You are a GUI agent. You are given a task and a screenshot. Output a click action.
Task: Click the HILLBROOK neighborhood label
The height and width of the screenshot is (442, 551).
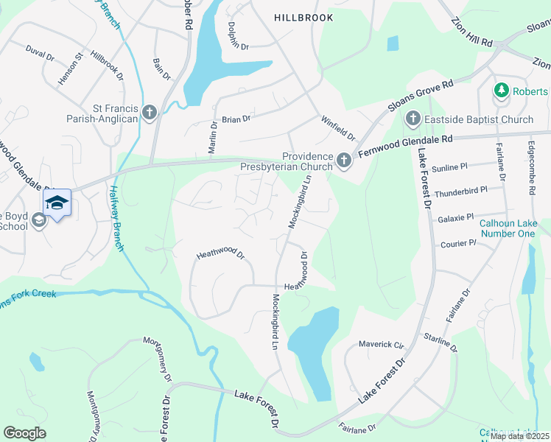(x=303, y=17)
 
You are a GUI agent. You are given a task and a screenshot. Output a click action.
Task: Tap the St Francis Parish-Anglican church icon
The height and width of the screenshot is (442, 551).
(x=150, y=113)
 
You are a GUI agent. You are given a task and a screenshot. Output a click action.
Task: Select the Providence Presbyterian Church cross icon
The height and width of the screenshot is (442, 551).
(x=343, y=160)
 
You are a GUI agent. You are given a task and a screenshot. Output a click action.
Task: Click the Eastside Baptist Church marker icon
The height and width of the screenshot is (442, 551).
(x=413, y=119)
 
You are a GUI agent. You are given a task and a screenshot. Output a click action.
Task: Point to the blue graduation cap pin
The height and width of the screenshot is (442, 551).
(x=57, y=203)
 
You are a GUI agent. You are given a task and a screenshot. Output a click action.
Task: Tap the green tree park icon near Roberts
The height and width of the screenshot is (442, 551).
(x=502, y=91)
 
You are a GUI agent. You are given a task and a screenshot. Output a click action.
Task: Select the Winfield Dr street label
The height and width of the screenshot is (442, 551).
(x=338, y=127)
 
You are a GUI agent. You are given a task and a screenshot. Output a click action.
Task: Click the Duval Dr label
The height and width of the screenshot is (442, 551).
(x=40, y=55)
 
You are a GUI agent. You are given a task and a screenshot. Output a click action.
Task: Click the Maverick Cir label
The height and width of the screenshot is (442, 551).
(x=382, y=344)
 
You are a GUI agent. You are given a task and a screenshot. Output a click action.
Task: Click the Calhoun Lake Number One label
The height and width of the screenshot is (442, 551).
(x=507, y=228)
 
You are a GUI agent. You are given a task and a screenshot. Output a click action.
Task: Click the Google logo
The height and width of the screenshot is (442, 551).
(x=25, y=433)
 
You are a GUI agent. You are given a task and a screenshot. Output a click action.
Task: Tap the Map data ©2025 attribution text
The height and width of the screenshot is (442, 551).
(x=519, y=436)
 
